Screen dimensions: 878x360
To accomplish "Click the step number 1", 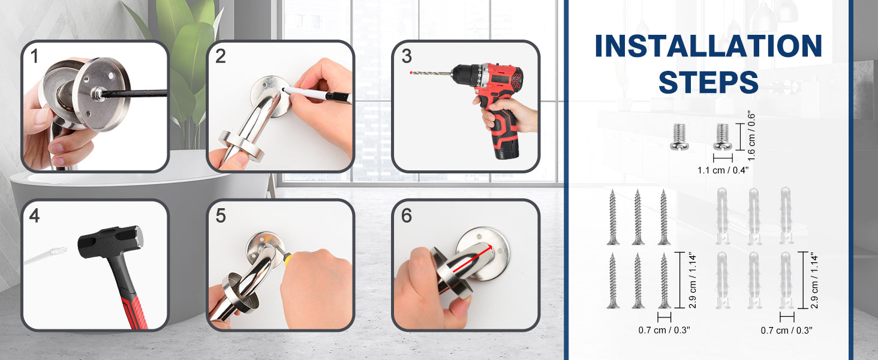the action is click(x=35, y=56).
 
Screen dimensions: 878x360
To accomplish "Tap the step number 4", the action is click(x=35, y=215).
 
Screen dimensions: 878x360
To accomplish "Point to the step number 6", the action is click(x=407, y=215).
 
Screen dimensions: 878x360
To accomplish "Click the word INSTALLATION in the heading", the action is click(x=708, y=46).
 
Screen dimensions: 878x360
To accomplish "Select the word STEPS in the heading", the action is click(x=708, y=82).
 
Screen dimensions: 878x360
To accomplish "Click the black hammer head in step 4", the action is click(x=110, y=242).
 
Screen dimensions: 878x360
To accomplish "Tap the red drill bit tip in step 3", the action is click(x=411, y=73).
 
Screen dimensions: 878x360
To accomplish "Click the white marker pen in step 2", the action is click(x=316, y=94).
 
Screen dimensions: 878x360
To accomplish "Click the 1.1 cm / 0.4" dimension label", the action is click(x=723, y=170).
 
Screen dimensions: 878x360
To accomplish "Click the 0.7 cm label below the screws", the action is click(x=664, y=330).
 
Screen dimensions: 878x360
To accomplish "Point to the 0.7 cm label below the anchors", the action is click(x=786, y=330).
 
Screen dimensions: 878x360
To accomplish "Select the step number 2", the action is click(x=220, y=56).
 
